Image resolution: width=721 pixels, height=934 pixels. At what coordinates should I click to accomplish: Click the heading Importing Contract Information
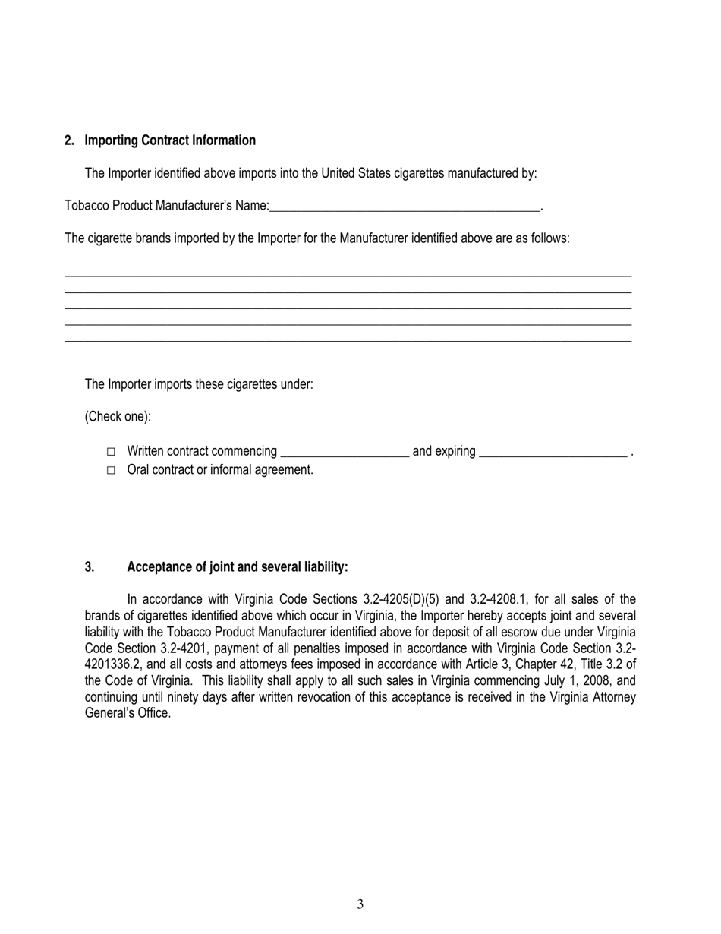pos(170,140)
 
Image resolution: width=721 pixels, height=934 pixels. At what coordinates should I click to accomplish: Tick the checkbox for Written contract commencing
pos(111,452)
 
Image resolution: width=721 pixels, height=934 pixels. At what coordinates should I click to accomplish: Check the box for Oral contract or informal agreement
pos(111,471)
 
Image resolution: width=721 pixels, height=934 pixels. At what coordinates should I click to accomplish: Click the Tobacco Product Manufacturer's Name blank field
pos(404,206)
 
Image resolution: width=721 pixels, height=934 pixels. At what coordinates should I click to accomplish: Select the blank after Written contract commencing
pos(345,452)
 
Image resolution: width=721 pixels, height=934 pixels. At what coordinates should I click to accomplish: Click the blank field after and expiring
pos(553,452)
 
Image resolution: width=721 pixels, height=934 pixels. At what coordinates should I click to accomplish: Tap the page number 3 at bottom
pos(360,904)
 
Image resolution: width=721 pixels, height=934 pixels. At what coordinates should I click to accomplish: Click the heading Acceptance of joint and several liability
pos(238,567)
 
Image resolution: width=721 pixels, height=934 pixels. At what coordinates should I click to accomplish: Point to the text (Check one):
pos(118,417)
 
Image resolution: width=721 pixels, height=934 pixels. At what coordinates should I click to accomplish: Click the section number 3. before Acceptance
pos(90,567)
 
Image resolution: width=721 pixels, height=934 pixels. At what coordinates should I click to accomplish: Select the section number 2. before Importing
pos(70,140)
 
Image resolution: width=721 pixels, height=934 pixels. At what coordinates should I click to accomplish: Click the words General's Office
pos(128,714)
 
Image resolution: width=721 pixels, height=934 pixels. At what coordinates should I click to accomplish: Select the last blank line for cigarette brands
pos(348,339)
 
